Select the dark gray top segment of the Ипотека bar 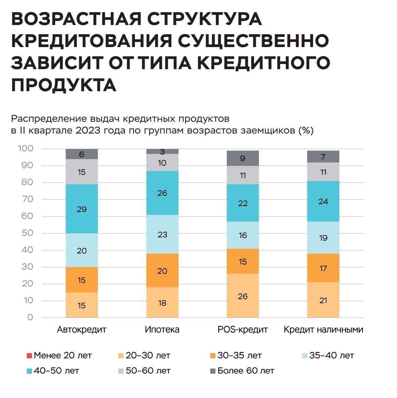[x=162, y=151]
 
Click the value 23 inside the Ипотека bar [x=162, y=235]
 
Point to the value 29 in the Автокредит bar [x=82, y=209]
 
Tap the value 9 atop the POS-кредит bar [x=243, y=159]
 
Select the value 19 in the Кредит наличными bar [x=323, y=238]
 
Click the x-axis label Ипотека [x=162, y=330]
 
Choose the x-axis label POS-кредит [x=243, y=330]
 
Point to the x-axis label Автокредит [x=82, y=330]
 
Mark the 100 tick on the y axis [x=25, y=149]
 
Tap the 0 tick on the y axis [x=30, y=317]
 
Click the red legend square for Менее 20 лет [x=29, y=356]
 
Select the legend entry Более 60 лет [x=245, y=371]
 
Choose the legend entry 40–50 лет [x=56, y=371]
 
